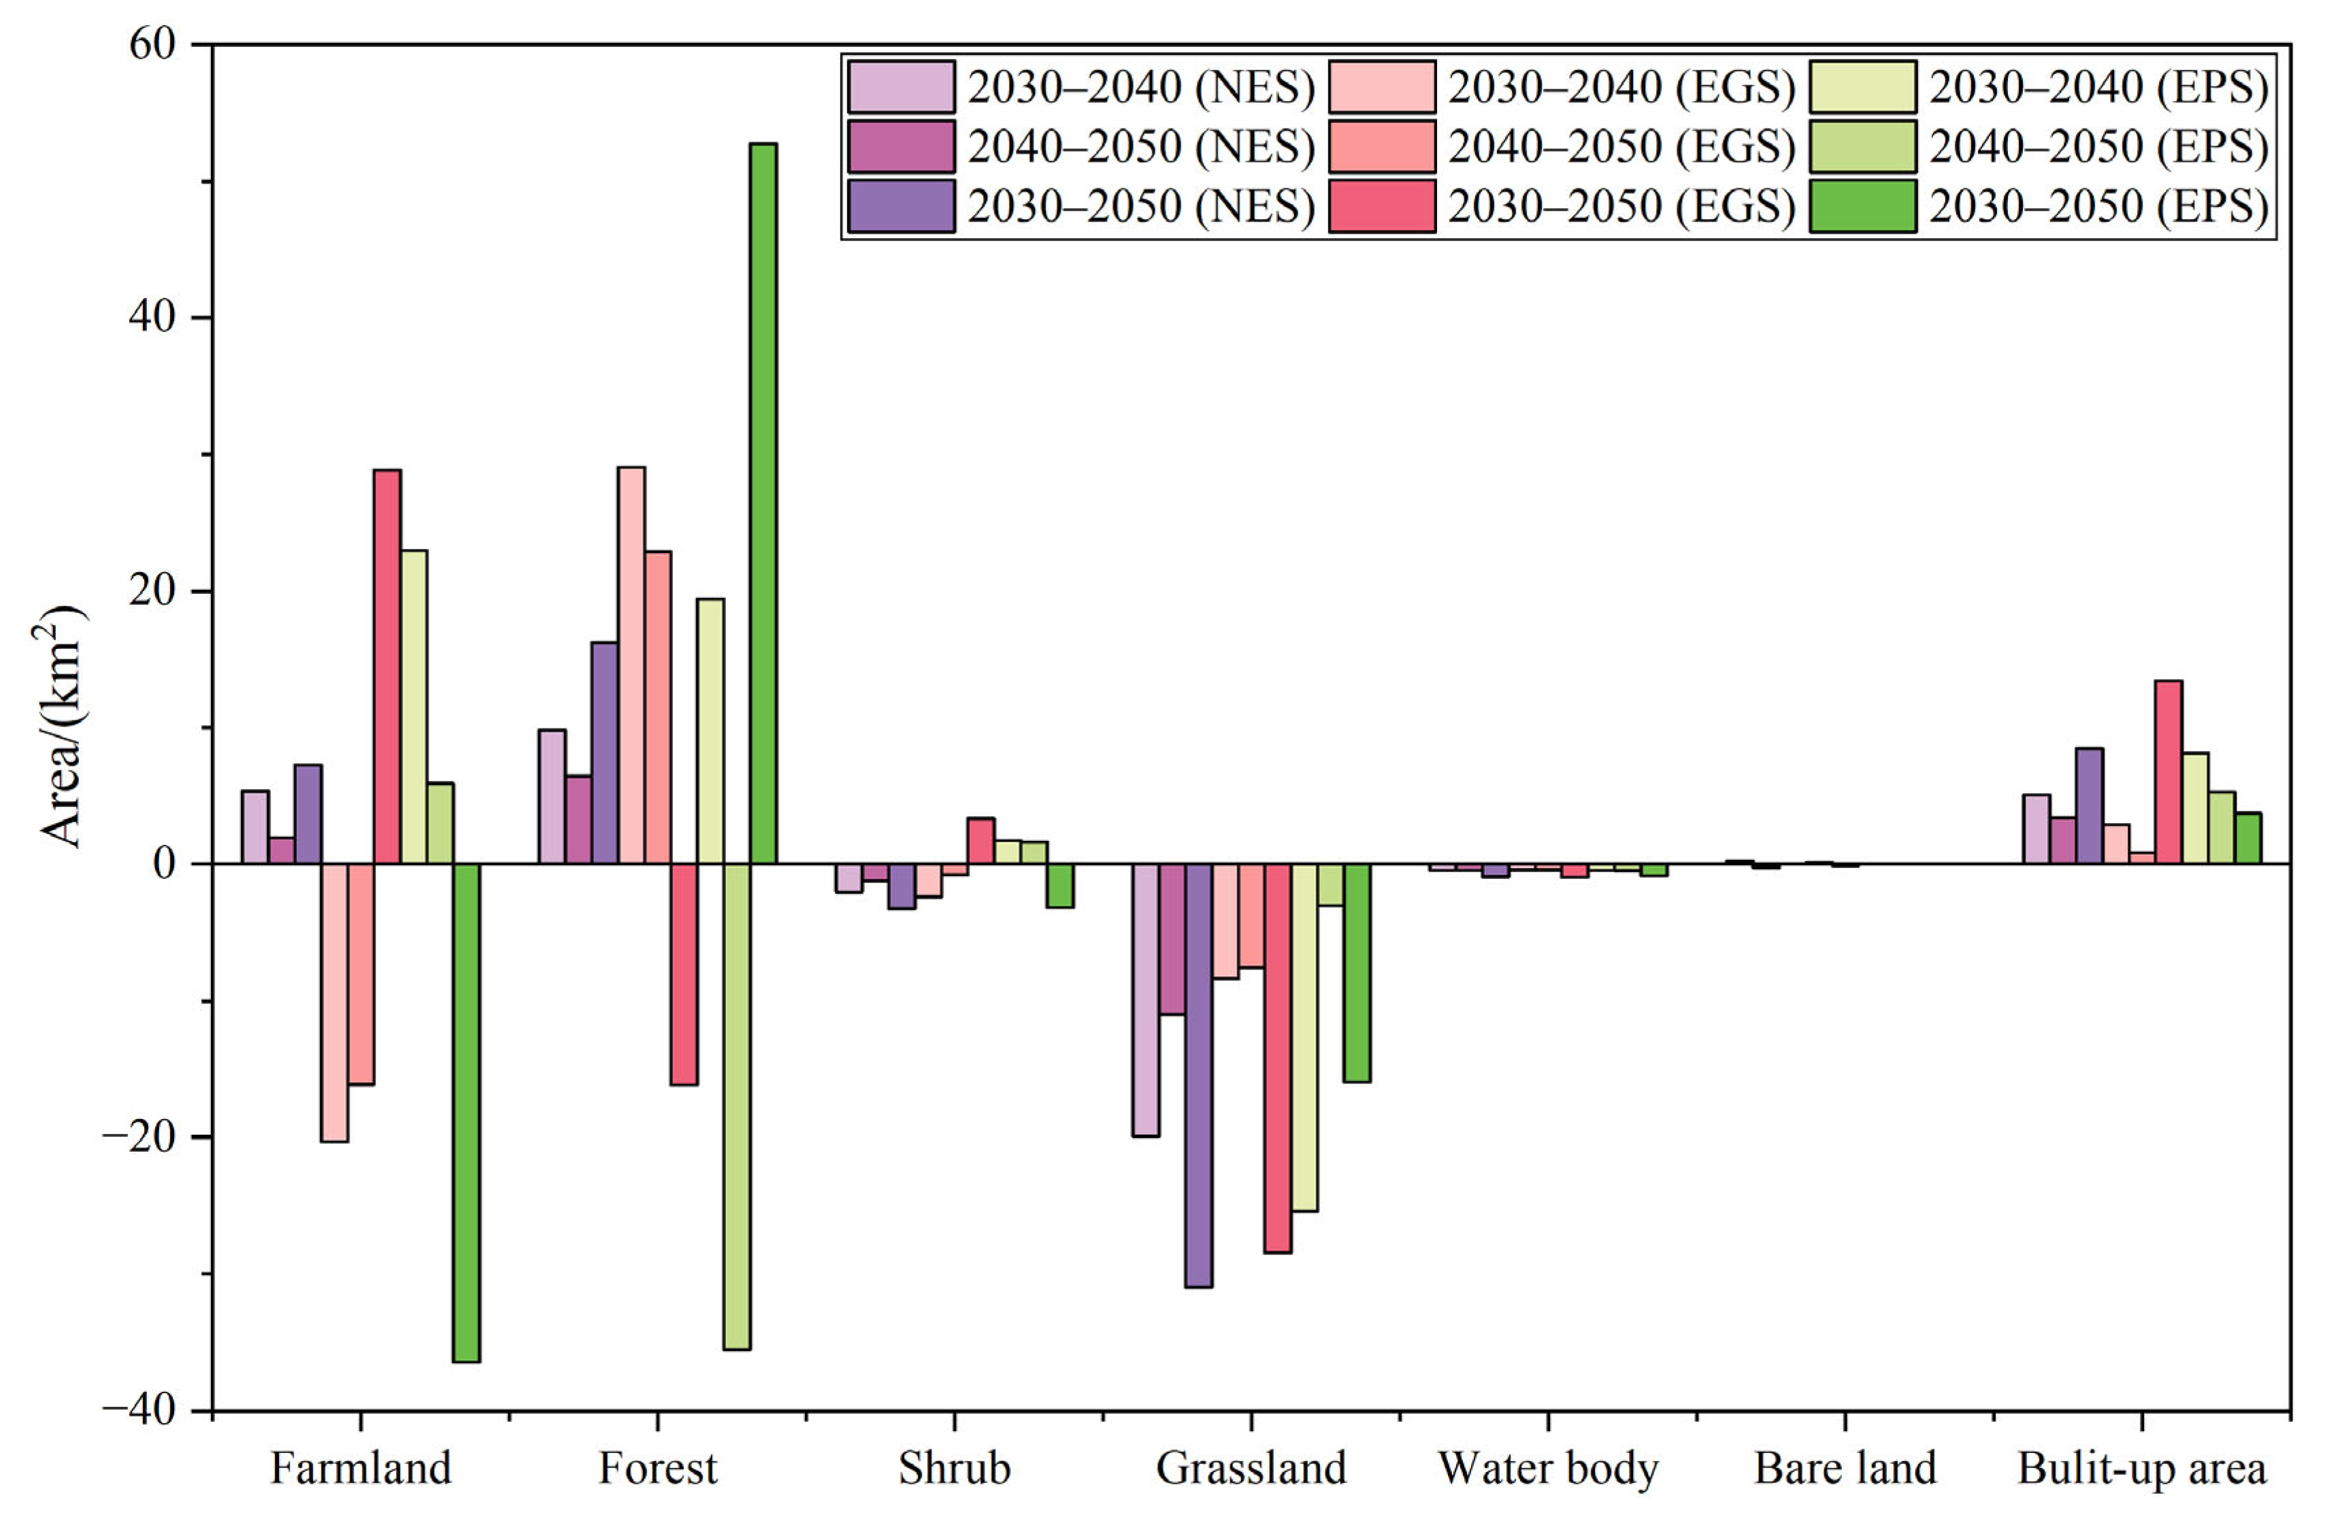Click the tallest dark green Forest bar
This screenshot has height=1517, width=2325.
pyautogui.click(x=763, y=503)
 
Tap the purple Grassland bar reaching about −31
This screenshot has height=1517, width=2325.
pyautogui.click(x=1199, y=1075)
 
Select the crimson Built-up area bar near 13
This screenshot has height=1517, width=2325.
pyautogui.click(x=2169, y=771)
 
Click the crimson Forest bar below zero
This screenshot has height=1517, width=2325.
pyautogui.click(x=684, y=974)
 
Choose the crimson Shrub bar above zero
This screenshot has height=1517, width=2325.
pyautogui.click(x=980, y=840)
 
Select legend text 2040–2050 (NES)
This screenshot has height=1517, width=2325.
pyautogui.click(x=1141, y=146)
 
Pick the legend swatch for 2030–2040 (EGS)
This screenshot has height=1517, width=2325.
pyautogui.click(x=1381, y=88)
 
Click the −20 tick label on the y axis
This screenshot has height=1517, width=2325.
pyautogui.click(x=142, y=1137)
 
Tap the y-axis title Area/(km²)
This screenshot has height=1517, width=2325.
pyautogui.click(x=61, y=728)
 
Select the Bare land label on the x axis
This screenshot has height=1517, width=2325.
pyautogui.click(x=1845, y=1468)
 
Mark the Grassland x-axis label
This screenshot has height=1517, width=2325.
pyautogui.click(x=1251, y=1468)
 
